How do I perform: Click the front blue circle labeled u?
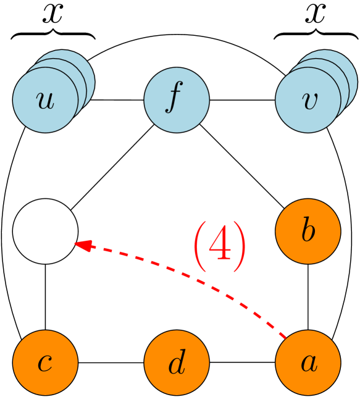[45, 100]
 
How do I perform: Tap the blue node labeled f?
[177, 100]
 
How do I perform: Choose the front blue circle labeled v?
[308, 100]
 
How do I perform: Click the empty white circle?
[45, 232]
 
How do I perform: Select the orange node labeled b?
[308, 232]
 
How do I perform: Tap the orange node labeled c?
[45, 362]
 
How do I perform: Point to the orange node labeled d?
[177, 362]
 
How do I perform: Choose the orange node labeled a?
[308, 362]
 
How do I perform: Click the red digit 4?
[220, 246]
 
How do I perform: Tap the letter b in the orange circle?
[308, 231]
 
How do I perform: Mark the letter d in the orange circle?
[177, 364]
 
